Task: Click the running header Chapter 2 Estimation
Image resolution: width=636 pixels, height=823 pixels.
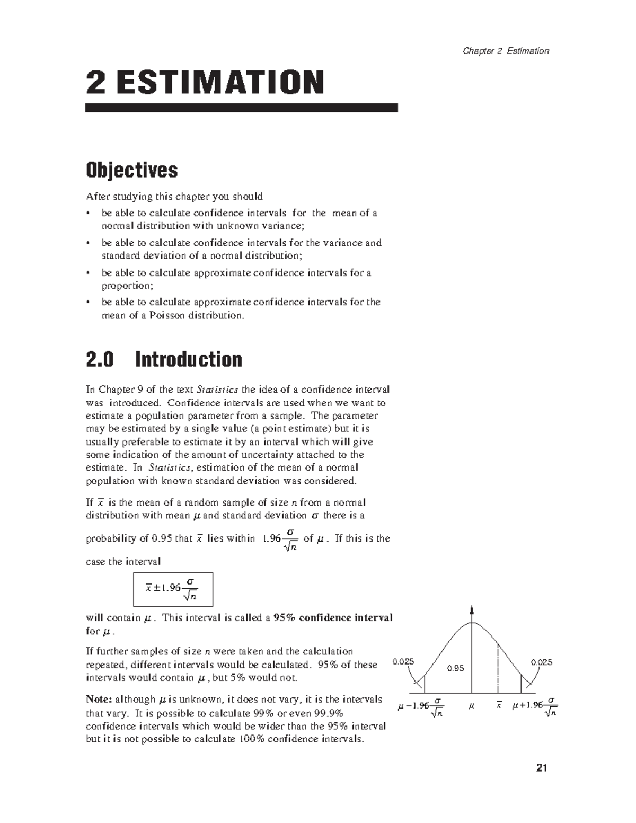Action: click(506, 51)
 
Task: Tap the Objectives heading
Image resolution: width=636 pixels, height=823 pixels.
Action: click(132, 170)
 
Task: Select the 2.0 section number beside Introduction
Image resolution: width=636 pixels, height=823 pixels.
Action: click(100, 360)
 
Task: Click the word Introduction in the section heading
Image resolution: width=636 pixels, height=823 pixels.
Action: click(189, 360)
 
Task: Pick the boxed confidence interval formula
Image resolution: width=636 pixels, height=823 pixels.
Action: click(173, 589)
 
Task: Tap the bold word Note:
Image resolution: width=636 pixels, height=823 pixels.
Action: click(99, 700)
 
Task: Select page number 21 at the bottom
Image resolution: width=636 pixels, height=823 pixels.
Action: click(541, 768)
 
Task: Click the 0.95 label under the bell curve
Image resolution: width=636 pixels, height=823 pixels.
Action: click(455, 669)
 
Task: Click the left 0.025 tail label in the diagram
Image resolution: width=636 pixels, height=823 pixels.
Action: click(403, 662)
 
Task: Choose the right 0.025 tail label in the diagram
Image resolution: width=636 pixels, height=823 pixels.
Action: click(541, 662)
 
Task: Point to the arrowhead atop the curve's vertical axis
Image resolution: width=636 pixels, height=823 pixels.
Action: click(472, 609)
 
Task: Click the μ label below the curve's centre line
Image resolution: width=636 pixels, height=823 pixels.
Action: click(471, 706)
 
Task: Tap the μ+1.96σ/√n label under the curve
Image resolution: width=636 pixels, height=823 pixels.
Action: click(534, 707)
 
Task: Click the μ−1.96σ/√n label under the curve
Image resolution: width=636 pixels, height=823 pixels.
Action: click(420, 707)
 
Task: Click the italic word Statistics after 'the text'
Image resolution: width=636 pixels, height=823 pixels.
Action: click(217, 390)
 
